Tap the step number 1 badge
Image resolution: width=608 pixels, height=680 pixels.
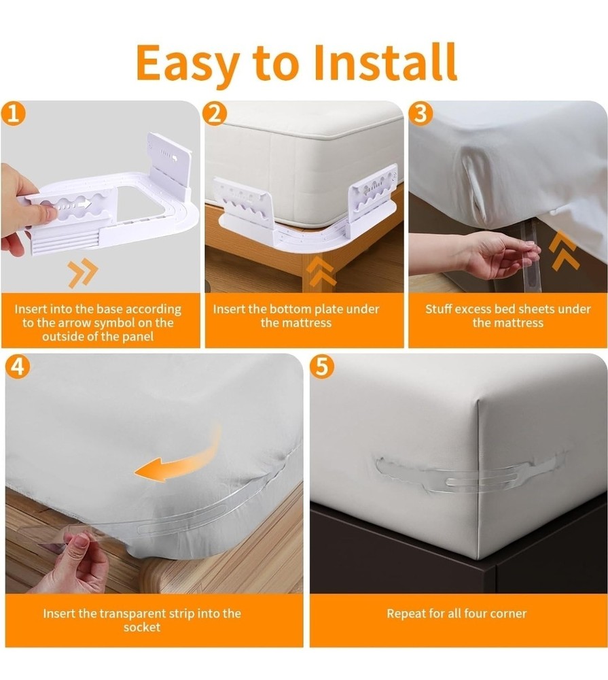point(14,114)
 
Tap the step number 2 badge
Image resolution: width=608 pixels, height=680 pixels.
point(215,114)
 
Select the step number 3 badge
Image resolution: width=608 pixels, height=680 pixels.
point(421,114)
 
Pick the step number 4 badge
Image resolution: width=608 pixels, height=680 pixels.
point(17,367)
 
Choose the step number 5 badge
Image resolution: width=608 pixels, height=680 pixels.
point(321,367)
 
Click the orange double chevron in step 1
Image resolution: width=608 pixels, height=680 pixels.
point(83,273)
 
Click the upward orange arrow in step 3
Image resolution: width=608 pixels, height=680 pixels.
point(565,250)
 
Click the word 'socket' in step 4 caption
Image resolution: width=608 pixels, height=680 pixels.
point(141,627)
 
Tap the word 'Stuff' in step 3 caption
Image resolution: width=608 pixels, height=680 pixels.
point(440,309)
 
